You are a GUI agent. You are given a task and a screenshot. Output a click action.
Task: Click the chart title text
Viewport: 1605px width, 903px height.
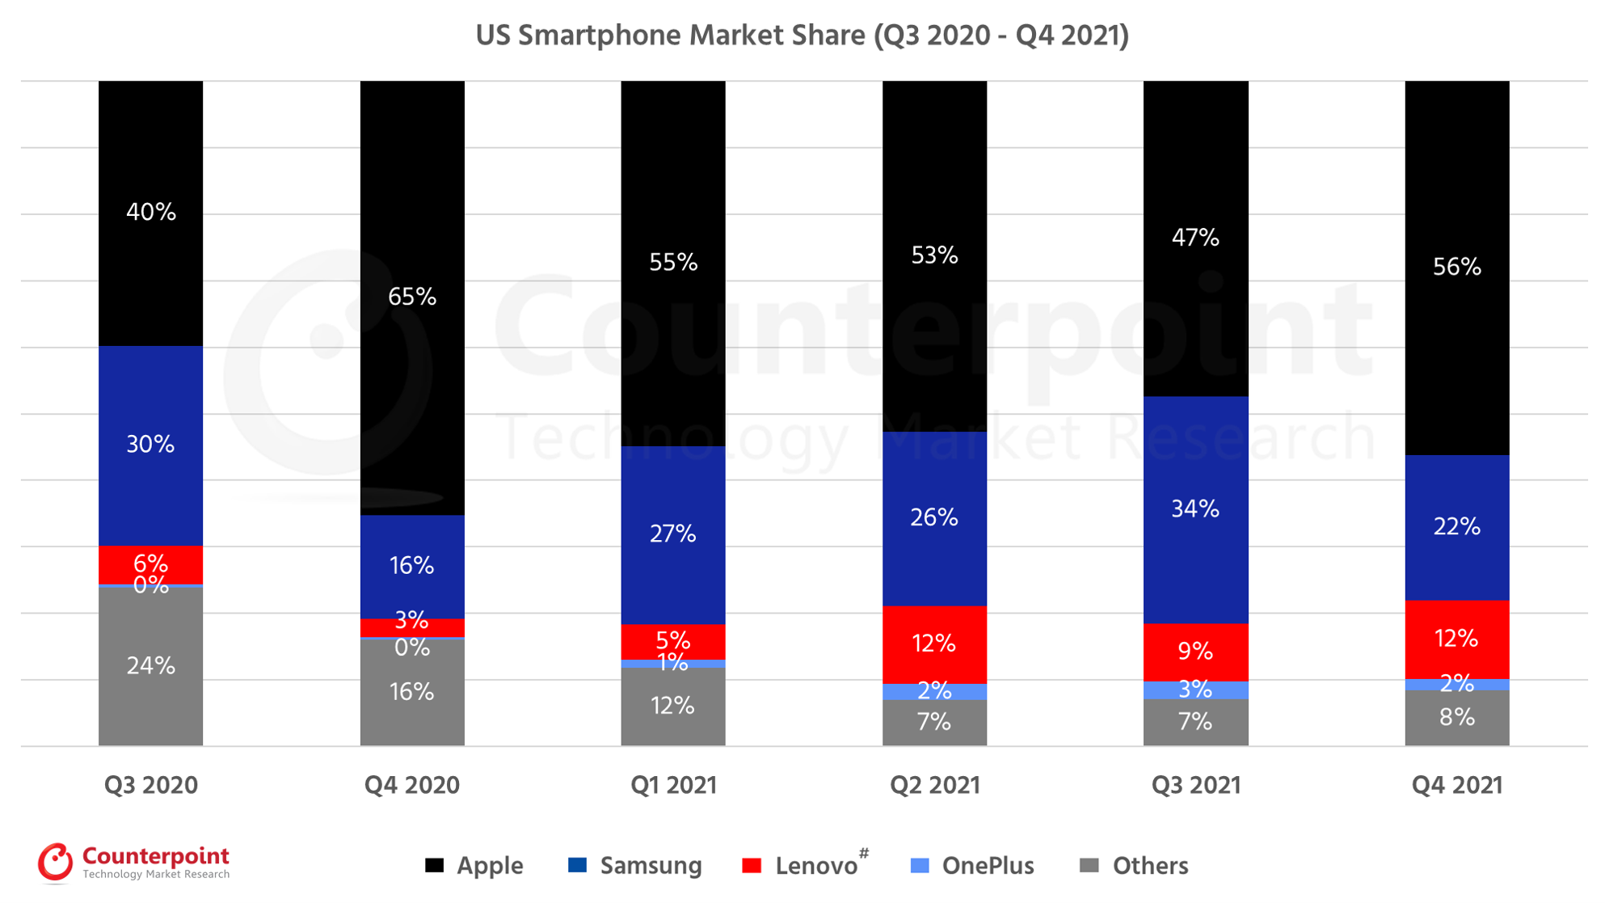point(802,36)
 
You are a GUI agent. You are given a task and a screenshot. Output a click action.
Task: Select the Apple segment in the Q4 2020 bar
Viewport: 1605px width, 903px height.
point(412,202)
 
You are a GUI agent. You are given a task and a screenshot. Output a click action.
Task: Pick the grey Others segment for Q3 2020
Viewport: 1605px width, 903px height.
point(150,695)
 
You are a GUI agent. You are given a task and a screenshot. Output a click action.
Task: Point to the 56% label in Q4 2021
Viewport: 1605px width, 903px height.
point(1456,267)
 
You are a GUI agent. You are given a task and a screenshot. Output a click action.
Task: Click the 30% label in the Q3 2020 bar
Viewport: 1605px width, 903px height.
point(150,444)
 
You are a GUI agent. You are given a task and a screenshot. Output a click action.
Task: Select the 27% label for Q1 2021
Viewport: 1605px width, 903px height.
point(672,534)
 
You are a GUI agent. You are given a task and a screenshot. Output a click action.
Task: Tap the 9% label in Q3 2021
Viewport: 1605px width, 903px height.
point(1195,651)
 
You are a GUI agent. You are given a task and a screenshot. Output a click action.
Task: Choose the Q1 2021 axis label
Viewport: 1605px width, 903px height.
point(673,785)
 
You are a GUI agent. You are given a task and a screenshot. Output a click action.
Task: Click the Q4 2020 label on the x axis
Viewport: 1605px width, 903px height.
point(412,785)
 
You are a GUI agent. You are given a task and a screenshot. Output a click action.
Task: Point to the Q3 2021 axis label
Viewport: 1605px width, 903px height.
point(1195,785)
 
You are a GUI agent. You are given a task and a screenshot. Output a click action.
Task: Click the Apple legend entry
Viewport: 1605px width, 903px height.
point(474,866)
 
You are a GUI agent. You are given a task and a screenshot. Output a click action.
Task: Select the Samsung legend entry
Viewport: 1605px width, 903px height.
point(635,866)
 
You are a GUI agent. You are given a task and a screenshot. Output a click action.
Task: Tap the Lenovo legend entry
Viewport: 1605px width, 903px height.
point(805,866)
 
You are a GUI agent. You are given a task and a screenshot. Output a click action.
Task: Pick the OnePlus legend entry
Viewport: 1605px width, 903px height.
point(972,866)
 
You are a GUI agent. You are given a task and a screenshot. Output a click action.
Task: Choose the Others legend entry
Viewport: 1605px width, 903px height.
point(1134,866)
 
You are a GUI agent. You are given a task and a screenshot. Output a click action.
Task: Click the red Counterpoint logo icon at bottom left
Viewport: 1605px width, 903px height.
point(55,863)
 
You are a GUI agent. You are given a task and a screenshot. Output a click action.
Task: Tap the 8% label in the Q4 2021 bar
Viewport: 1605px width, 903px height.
point(1456,717)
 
